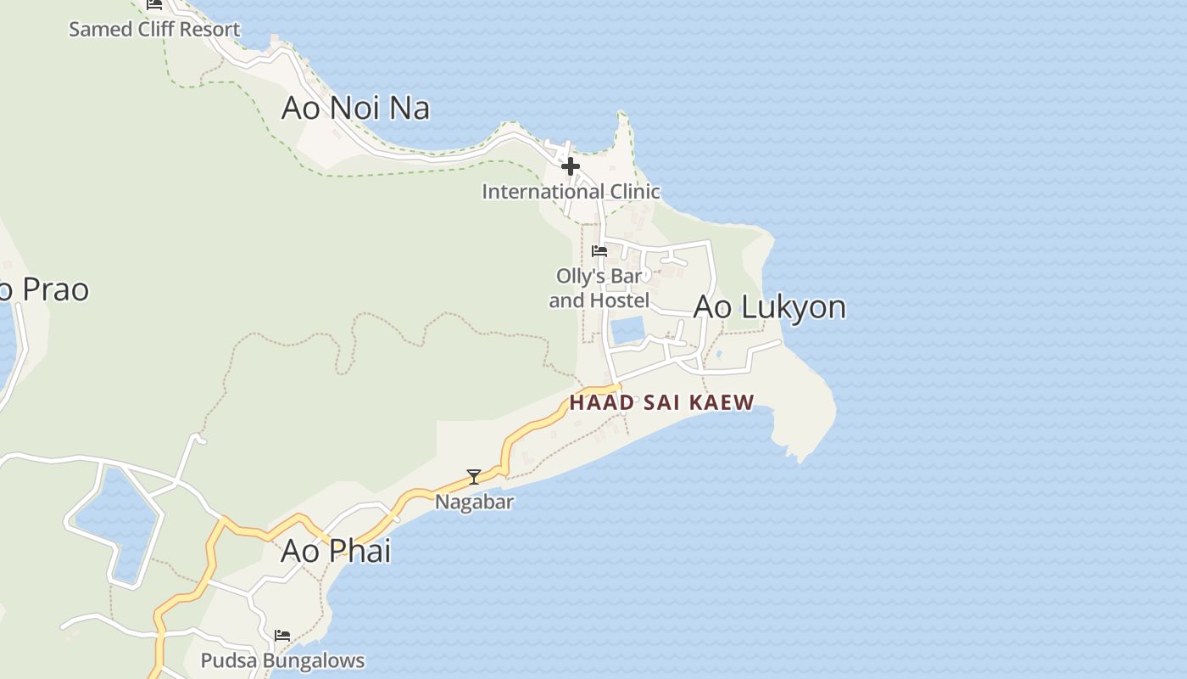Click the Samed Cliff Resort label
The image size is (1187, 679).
[x=154, y=29]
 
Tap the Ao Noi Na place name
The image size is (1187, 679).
[x=355, y=108]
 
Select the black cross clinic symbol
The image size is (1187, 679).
[x=570, y=166]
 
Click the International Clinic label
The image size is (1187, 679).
[x=571, y=192]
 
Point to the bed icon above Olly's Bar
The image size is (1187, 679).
[x=599, y=251]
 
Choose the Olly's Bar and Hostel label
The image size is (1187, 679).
[x=599, y=289]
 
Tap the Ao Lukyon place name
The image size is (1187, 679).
[x=769, y=306]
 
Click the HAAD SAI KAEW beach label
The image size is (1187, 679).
[x=661, y=402]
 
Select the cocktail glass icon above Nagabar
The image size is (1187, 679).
[x=474, y=477]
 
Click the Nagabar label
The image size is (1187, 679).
[x=474, y=502]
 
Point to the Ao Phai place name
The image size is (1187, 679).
[x=336, y=551]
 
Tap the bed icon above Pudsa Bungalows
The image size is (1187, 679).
[x=282, y=635]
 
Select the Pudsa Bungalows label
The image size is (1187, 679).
[x=282, y=660]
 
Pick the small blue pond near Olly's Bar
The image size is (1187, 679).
[x=627, y=330]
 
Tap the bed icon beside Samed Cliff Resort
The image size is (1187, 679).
[x=154, y=4]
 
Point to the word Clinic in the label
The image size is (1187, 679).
[x=628, y=192]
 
